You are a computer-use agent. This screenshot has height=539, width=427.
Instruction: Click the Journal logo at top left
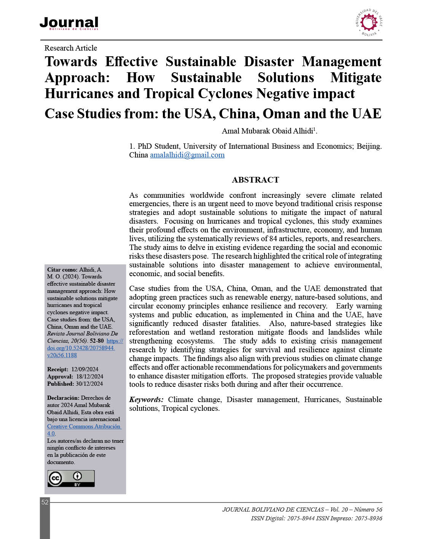(x=69, y=23)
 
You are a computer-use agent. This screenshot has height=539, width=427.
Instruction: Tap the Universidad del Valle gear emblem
(x=368, y=22)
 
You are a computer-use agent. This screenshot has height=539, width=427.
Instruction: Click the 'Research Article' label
(x=71, y=48)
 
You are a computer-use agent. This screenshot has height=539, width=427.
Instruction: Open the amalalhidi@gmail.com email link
(x=187, y=155)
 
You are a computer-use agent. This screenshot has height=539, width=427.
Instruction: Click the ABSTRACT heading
(x=255, y=180)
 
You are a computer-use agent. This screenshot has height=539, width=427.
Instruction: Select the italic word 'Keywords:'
(x=147, y=400)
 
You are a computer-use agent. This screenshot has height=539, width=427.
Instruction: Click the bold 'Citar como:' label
(x=62, y=270)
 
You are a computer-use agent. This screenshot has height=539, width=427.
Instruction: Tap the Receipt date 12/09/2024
(x=85, y=369)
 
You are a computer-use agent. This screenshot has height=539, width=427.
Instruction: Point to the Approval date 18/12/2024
(x=89, y=377)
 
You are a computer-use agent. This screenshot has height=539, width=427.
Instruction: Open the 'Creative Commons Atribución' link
(x=84, y=427)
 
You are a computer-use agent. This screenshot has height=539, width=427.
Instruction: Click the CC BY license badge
(x=71, y=479)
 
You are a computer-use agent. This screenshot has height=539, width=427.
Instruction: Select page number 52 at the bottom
(x=45, y=502)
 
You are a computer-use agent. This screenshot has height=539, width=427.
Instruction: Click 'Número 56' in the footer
(x=368, y=510)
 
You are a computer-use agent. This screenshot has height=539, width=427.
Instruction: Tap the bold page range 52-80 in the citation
(x=97, y=341)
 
